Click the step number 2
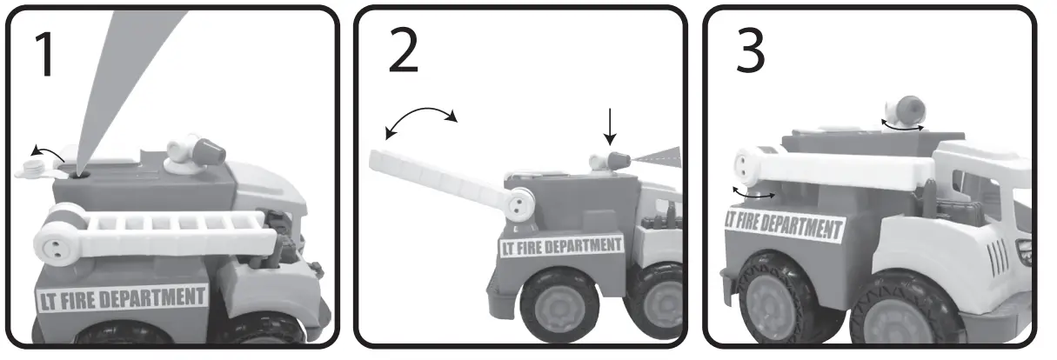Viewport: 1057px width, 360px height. (x=401, y=54)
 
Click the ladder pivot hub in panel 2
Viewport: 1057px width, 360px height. (x=520, y=203)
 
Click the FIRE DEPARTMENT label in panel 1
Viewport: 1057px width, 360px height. (x=121, y=298)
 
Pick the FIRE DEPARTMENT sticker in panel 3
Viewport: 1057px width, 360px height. (x=784, y=223)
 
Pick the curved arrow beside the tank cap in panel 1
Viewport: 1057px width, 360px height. (x=48, y=153)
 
